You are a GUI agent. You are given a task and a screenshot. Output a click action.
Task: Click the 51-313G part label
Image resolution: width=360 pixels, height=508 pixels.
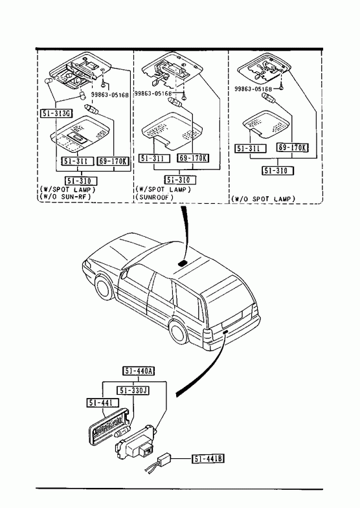click(x=56, y=113)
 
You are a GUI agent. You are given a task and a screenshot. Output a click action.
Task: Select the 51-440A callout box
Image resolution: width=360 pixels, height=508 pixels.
click(x=139, y=371)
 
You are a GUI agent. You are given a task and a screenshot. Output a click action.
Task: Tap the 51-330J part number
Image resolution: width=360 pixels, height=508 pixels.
click(x=133, y=391)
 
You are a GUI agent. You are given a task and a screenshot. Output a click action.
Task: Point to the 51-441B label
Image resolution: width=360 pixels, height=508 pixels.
click(x=208, y=459)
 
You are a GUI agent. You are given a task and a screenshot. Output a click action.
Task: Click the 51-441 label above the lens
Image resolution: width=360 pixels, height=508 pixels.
click(x=103, y=403)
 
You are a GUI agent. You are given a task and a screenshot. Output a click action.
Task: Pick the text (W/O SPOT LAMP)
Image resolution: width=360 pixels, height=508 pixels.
click(x=264, y=199)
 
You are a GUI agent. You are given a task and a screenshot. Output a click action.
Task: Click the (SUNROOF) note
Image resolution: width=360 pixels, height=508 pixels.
click(x=155, y=197)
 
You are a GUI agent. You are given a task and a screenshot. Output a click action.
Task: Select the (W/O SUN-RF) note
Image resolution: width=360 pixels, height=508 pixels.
click(x=66, y=196)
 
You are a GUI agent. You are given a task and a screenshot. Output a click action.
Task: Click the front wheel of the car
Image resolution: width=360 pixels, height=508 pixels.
click(x=105, y=288)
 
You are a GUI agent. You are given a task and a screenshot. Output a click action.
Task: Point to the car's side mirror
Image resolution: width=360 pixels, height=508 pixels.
click(x=124, y=274)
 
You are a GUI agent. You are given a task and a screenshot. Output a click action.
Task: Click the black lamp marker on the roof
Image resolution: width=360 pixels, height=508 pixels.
click(x=183, y=263)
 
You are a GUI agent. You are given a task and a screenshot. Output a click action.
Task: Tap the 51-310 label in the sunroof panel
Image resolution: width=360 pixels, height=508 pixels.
click(x=180, y=179)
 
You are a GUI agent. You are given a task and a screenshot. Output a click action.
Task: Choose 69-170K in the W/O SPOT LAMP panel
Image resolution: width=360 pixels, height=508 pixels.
click(x=292, y=148)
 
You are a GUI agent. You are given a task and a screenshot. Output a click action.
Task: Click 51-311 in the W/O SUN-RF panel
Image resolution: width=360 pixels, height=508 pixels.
click(x=78, y=161)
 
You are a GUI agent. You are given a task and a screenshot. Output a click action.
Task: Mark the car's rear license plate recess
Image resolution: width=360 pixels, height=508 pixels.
click(x=232, y=317)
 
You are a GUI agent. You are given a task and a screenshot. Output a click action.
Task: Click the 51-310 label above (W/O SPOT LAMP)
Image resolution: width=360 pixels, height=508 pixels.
click(x=278, y=171)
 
